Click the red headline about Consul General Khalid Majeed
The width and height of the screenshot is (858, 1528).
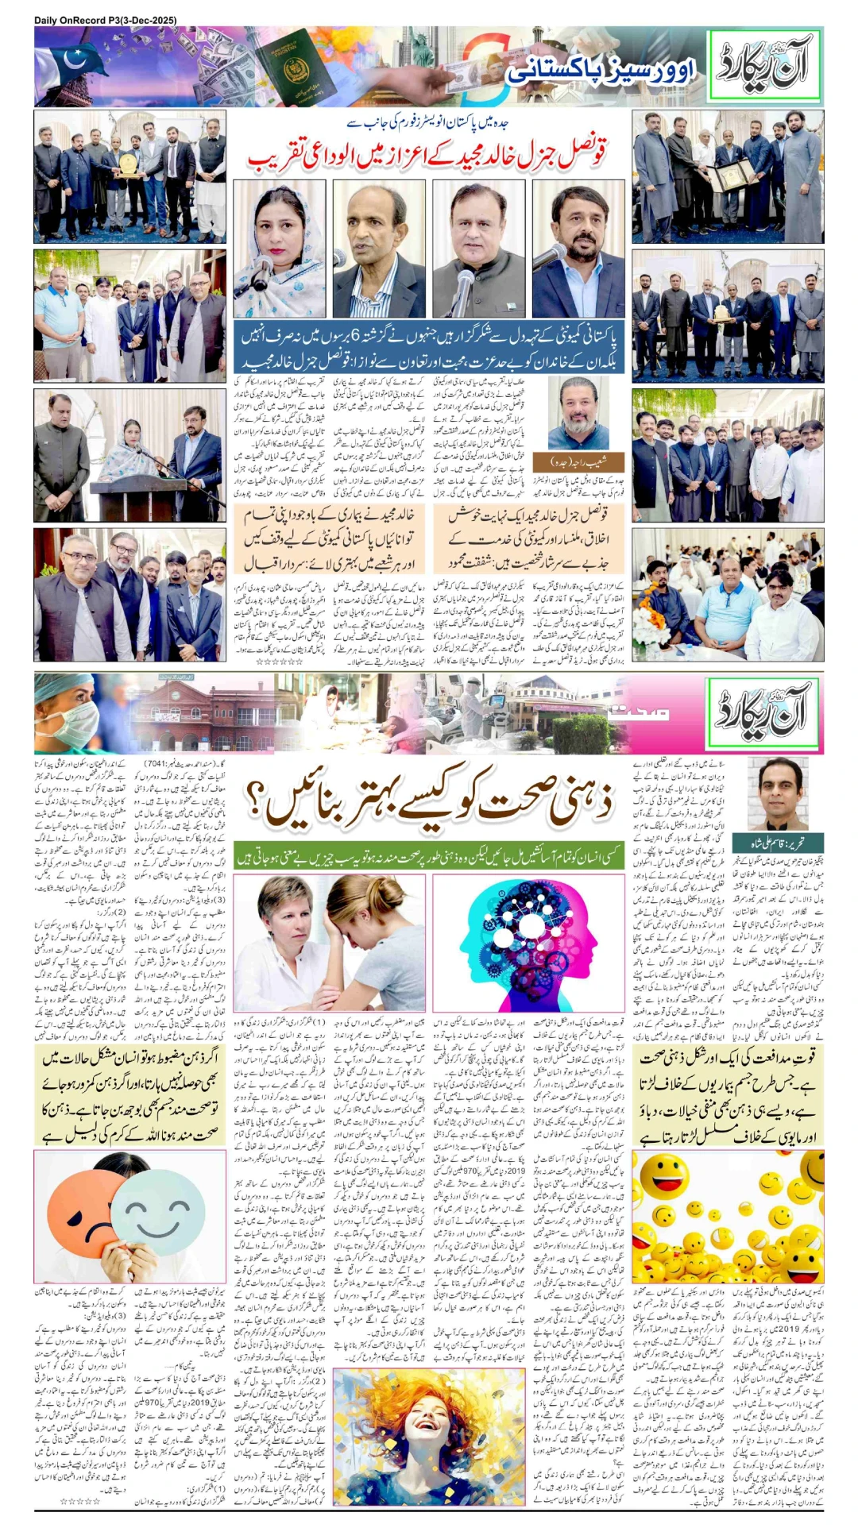point(427,153)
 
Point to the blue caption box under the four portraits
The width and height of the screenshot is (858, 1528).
point(428,348)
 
